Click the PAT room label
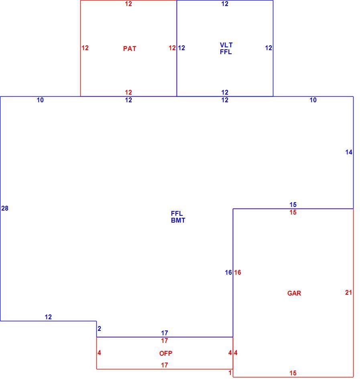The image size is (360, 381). [130, 49]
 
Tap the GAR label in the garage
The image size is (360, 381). [294, 293]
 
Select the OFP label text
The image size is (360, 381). [166, 353]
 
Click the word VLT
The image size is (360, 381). [226, 45]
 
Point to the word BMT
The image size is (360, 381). [178, 221]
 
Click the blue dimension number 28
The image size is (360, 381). [5, 208]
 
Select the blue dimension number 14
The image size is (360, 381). [349, 152]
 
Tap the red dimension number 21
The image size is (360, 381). [349, 292]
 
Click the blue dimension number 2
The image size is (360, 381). [99, 328]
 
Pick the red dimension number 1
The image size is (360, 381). [230, 373]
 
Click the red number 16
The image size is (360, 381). [238, 272]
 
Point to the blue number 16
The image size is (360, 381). [228, 272]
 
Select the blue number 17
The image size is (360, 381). [165, 333]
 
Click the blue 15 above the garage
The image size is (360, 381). [293, 205]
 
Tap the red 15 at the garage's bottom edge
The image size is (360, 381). [293, 373]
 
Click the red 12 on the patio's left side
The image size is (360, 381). [85, 48]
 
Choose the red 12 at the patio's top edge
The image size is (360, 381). [128, 4]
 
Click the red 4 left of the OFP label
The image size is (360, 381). [99, 353]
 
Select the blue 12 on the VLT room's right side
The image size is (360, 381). [268, 48]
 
